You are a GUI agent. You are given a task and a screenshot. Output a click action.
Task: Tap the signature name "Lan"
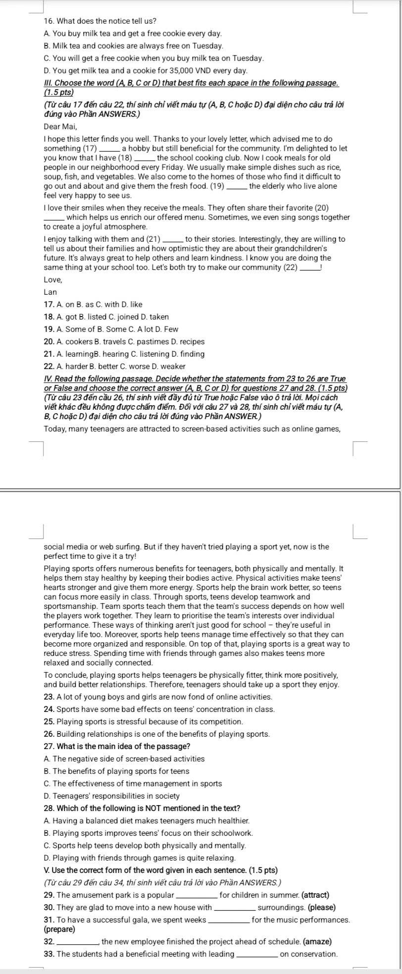tap(50, 292)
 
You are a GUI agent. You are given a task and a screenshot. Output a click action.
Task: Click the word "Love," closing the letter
tap(52, 279)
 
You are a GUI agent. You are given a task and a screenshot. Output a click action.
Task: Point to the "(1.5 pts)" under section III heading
tap(58, 92)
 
